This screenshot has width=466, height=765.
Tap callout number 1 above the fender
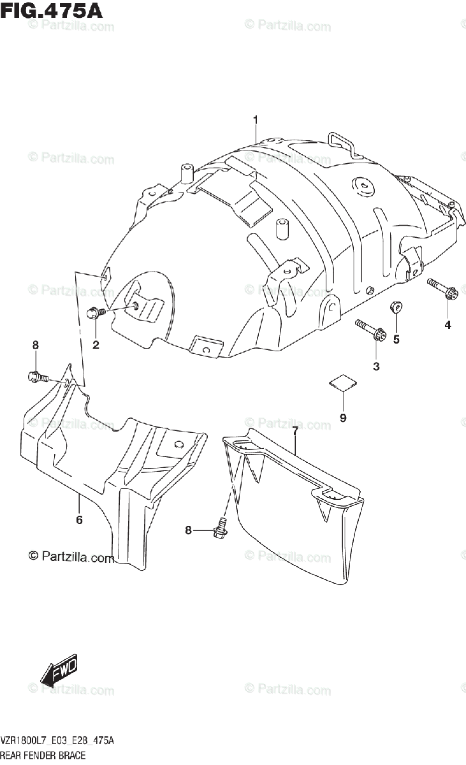pyautogui.click(x=255, y=120)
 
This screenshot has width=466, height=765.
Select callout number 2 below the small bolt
pyautogui.click(x=96, y=346)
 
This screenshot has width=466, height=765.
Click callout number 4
pyautogui.click(x=448, y=325)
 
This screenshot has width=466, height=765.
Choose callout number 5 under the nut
pyautogui.click(x=396, y=339)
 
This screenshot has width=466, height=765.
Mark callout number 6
pyautogui.click(x=79, y=520)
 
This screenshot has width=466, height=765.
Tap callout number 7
pyautogui.click(x=295, y=432)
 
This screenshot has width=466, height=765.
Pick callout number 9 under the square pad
pyautogui.click(x=342, y=418)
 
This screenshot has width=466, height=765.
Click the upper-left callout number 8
pyautogui.click(x=36, y=345)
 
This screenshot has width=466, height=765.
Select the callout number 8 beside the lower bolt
pyautogui.click(x=188, y=530)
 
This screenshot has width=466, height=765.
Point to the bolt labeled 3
pyautogui.click(x=370, y=330)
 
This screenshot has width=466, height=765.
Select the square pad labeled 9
pyautogui.click(x=343, y=382)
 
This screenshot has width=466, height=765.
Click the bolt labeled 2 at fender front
pyautogui.click(x=95, y=312)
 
